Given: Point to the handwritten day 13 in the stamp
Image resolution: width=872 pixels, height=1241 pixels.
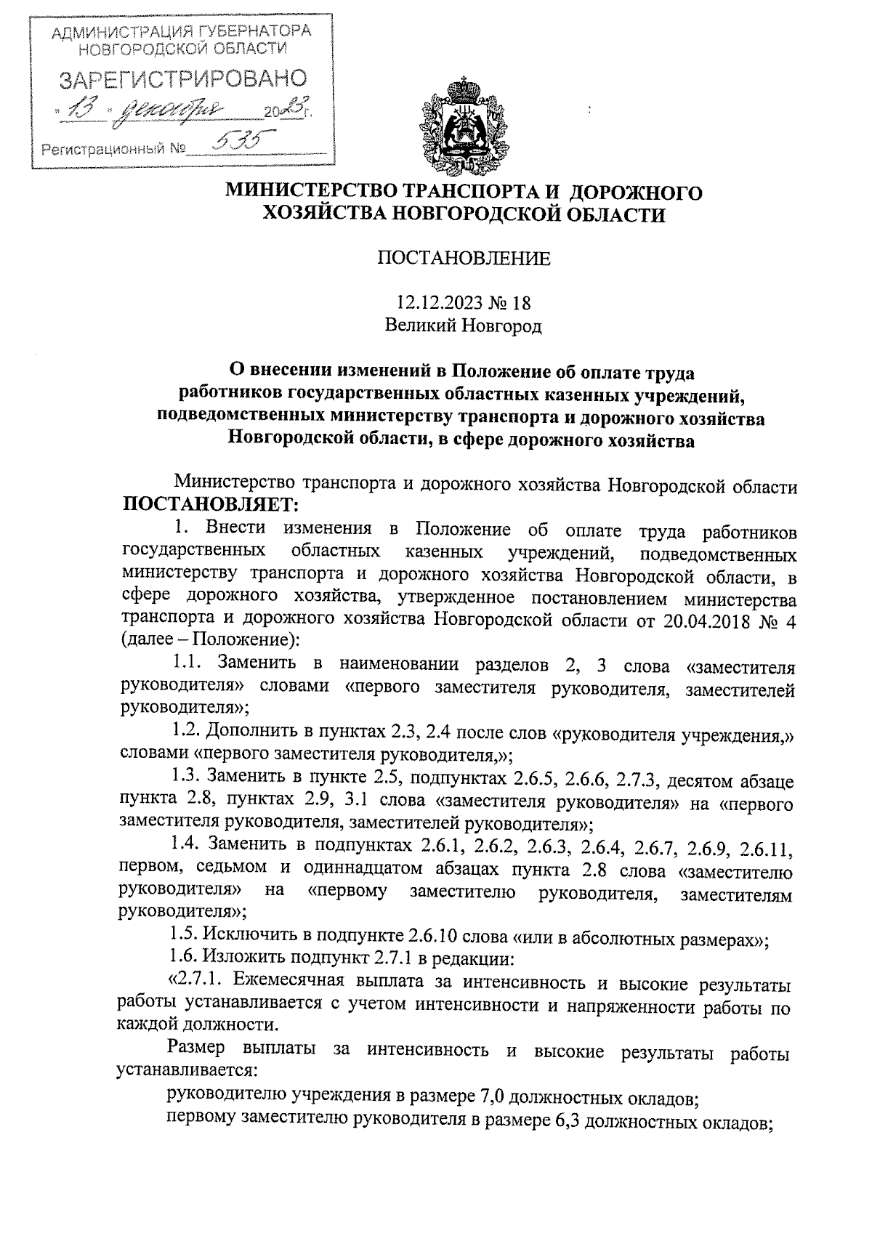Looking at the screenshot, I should click(84, 110).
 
